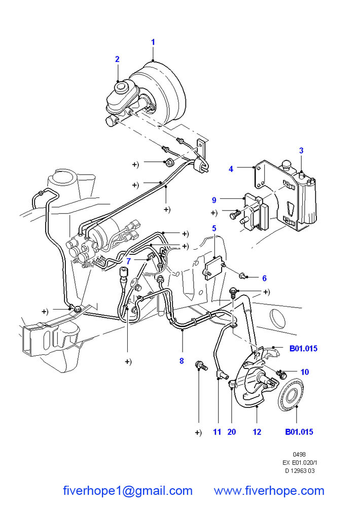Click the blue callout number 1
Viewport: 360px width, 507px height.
tap(153, 42)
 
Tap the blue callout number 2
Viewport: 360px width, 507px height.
tap(117, 59)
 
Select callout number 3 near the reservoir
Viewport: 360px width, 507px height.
tap(301, 151)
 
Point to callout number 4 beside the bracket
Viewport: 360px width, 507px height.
tap(231, 169)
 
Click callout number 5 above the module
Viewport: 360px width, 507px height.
tap(214, 228)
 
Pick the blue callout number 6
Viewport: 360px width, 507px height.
tap(264, 279)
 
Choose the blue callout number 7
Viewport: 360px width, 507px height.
tap(129, 261)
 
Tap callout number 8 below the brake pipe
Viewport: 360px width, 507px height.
tap(182, 361)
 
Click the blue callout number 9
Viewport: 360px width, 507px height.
tap(214, 200)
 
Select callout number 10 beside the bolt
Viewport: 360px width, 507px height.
tap(305, 372)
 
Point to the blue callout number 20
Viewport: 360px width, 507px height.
tap(232, 432)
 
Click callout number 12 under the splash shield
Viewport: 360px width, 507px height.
tap(257, 432)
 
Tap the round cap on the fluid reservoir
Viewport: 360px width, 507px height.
tap(122, 86)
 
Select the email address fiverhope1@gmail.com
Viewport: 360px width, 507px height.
tap(128, 491)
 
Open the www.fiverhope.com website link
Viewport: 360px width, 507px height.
tap(269, 491)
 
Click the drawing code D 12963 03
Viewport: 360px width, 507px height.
tap(300, 471)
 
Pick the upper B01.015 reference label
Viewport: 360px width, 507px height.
tap(303, 349)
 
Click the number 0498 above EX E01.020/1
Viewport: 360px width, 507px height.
tap(300, 454)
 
